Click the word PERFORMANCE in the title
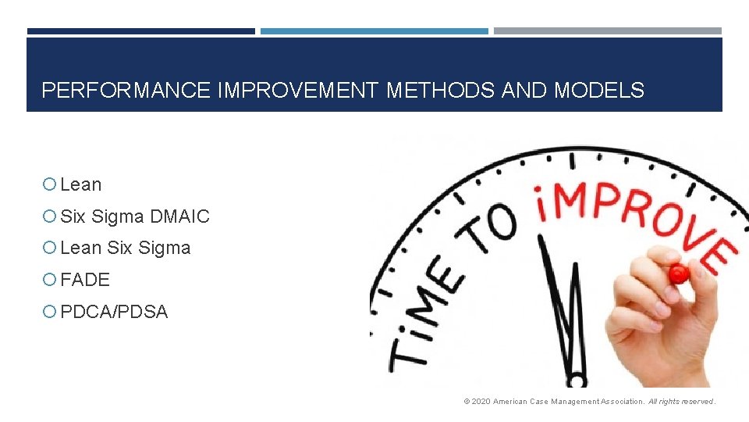point(126,91)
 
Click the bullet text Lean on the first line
point(81,185)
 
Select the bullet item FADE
point(85,280)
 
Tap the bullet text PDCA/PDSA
point(114,312)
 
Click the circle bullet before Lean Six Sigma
point(49,249)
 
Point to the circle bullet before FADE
point(49,280)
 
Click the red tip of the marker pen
point(678,274)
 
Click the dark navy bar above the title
point(140,31)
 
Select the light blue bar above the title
point(374,31)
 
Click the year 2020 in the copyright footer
point(481,402)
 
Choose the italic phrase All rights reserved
point(681,402)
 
